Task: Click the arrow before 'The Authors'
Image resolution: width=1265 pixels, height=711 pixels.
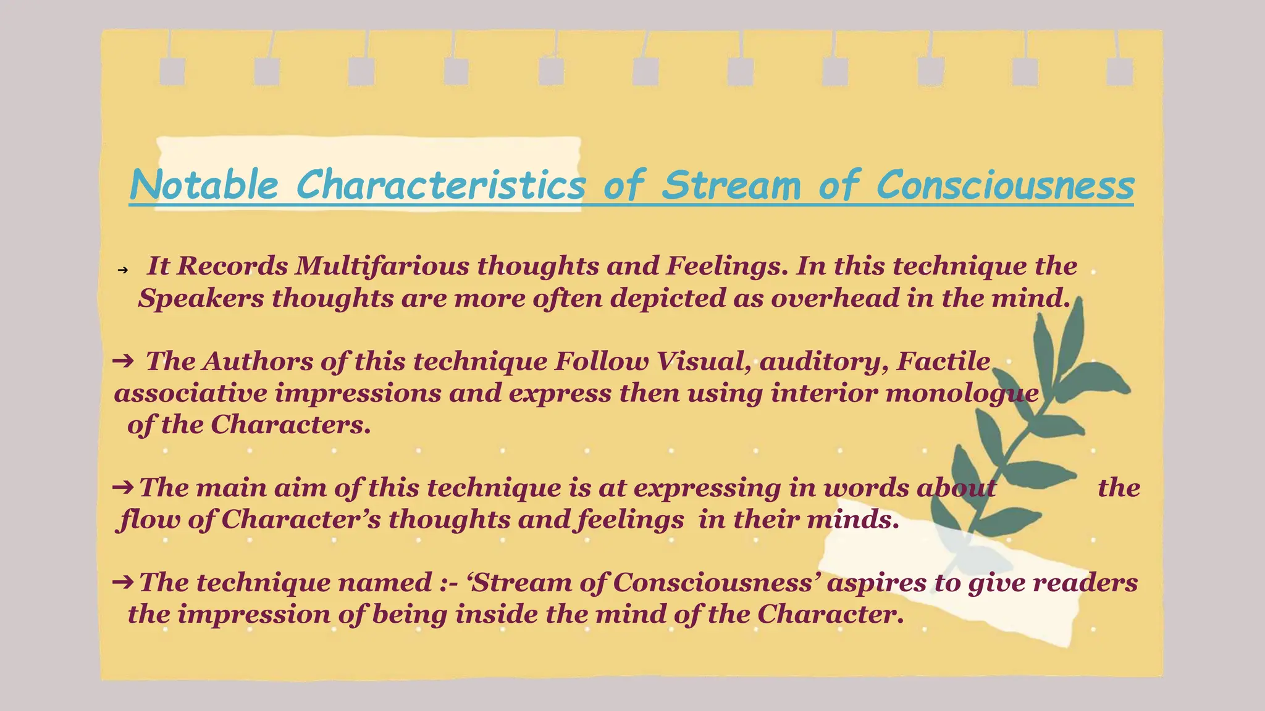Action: [123, 360]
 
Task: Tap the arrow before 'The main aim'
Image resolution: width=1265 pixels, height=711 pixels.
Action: [123, 488]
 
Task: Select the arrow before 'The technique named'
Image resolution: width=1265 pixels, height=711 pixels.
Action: [123, 581]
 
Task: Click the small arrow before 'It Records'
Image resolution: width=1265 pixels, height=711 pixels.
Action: [122, 270]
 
